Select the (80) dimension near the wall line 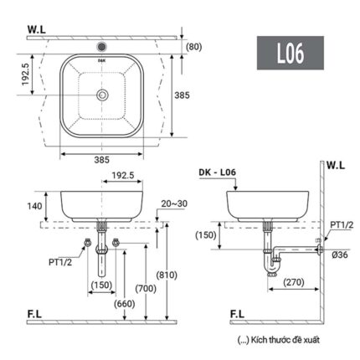coord(195,47)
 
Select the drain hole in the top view coord(102,95)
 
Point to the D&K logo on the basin coord(102,60)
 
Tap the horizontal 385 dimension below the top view coord(101,157)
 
